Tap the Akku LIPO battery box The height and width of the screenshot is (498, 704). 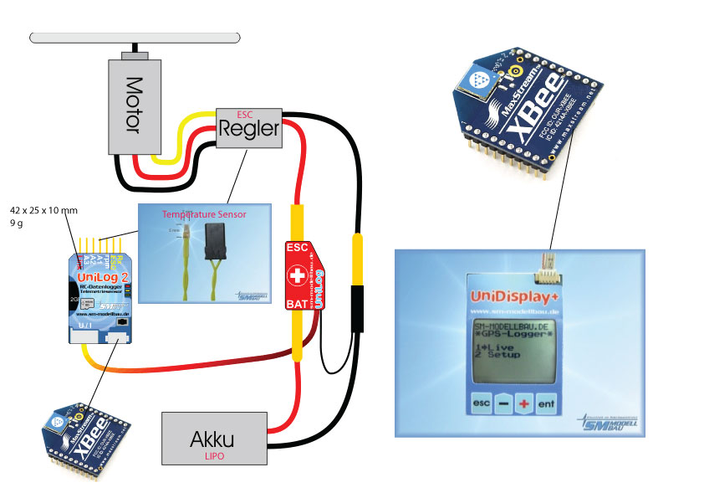215,438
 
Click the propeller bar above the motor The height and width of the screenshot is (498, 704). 135,38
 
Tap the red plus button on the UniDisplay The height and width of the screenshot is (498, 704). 523,403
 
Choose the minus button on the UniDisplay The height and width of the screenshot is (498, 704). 502,403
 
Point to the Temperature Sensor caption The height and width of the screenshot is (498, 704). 204,215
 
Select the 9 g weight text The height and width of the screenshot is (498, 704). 16,224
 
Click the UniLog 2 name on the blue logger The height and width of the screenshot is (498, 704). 101,277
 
